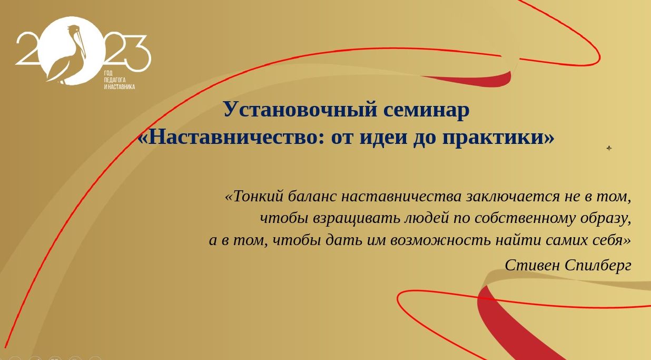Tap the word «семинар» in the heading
coord(426,110)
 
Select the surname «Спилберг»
coord(598,266)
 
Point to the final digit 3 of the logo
coord(134,53)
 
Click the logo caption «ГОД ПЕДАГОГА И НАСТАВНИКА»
coord(119,80)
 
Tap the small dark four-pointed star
coord(609,148)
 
